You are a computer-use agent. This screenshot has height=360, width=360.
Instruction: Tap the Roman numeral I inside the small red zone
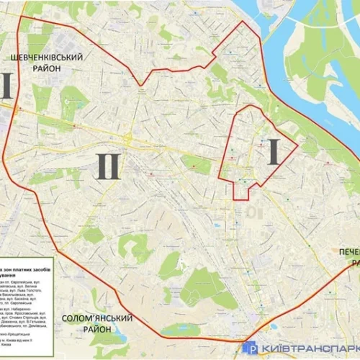point(273,152)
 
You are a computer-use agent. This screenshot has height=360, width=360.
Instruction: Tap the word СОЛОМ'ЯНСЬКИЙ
point(98,318)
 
